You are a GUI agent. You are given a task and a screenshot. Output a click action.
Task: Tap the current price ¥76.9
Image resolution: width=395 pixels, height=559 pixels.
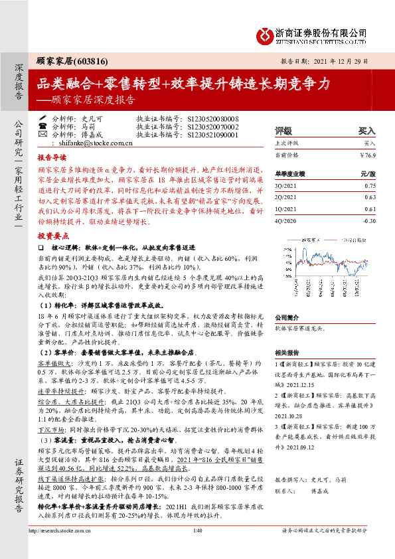pos(367,155)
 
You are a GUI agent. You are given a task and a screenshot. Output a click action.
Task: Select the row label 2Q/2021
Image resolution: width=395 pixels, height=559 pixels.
pos(286,199)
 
